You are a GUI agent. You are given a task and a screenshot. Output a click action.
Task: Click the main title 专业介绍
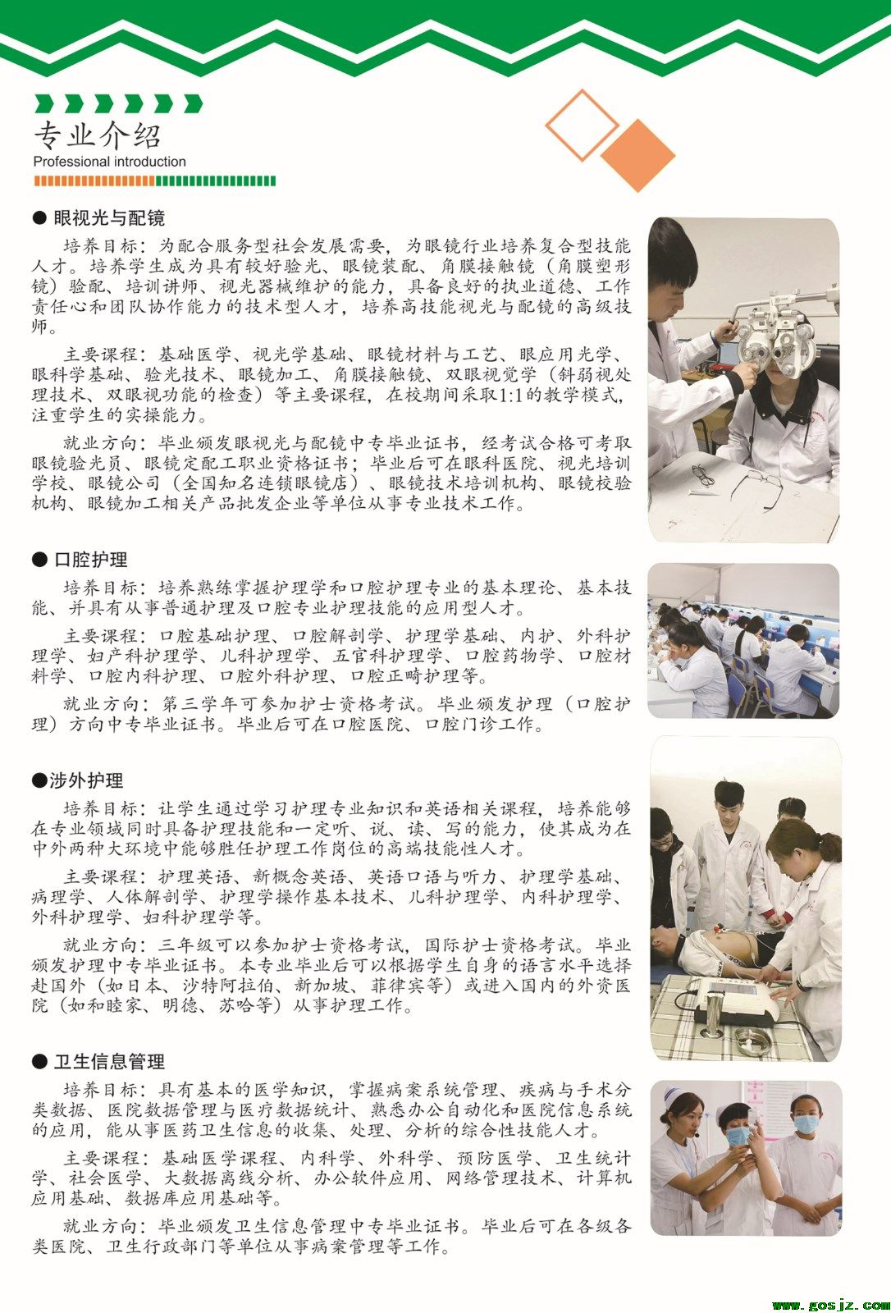(x=97, y=135)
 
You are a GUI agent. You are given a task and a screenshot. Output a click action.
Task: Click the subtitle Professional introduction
(x=110, y=162)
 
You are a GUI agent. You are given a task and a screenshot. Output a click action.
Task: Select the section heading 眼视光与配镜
(x=109, y=218)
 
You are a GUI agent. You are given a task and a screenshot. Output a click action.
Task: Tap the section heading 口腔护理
(x=90, y=560)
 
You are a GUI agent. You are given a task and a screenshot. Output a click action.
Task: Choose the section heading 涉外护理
(x=86, y=780)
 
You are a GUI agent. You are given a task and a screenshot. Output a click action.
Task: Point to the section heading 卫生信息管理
(x=109, y=1062)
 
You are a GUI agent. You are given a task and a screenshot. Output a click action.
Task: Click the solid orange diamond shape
(x=637, y=155)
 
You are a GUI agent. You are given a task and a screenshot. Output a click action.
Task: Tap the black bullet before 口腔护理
(x=39, y=560)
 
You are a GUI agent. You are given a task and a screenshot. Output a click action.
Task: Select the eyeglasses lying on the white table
(x=756, y=487)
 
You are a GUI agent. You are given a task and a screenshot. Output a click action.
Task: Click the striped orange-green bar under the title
(x=154, y=181)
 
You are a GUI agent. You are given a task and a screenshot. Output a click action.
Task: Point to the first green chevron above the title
(x=44, y=103)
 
